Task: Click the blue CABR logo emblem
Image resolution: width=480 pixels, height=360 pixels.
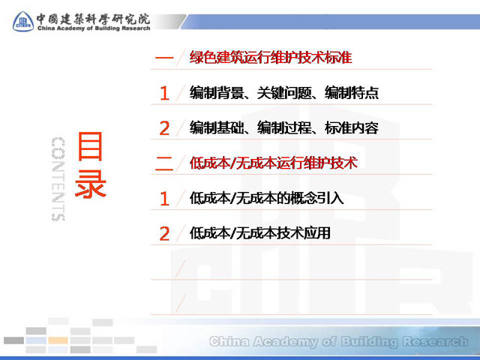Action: click(x=23, y=22)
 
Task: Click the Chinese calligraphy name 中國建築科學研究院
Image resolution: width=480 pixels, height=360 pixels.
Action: click(x=93, y=19)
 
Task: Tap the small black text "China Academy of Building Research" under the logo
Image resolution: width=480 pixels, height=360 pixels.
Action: click(x=94, y=28)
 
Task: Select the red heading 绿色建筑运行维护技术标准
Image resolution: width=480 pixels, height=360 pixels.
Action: click(x=271, y=57)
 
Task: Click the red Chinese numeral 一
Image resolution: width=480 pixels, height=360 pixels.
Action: click(x=164, y=57)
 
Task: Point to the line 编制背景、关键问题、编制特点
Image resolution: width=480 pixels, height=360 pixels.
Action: click(x=284, y=92)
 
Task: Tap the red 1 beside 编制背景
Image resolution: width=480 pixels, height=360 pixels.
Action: click(x=165, y=93)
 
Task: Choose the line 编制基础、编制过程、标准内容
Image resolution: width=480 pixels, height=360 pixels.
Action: click(x=284, y=127)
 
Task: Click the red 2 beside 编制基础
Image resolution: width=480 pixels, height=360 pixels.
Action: click(x=164, y=128)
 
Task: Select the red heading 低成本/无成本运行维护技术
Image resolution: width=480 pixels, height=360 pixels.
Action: click(x=273, y=163)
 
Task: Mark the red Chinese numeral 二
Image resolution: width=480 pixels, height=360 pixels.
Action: click(x=164, y=163)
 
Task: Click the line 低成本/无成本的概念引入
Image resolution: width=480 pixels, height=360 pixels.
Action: click(x=266, y=198)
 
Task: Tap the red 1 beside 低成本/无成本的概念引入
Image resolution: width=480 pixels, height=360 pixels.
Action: click(x=165, y=198)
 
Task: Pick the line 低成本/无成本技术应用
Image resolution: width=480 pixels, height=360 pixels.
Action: click(x=260, y=233)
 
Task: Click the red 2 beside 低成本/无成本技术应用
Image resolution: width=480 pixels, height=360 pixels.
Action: click(x=164, y=234)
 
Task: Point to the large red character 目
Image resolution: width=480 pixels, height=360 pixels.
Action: click(x=90, y=146)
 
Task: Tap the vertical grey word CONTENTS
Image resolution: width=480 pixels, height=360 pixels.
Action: click(x=58, y=179)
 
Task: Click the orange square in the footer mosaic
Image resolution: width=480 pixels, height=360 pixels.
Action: click(x=58, y=340)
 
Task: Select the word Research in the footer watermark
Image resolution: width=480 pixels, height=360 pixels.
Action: click(x=435, y=341)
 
